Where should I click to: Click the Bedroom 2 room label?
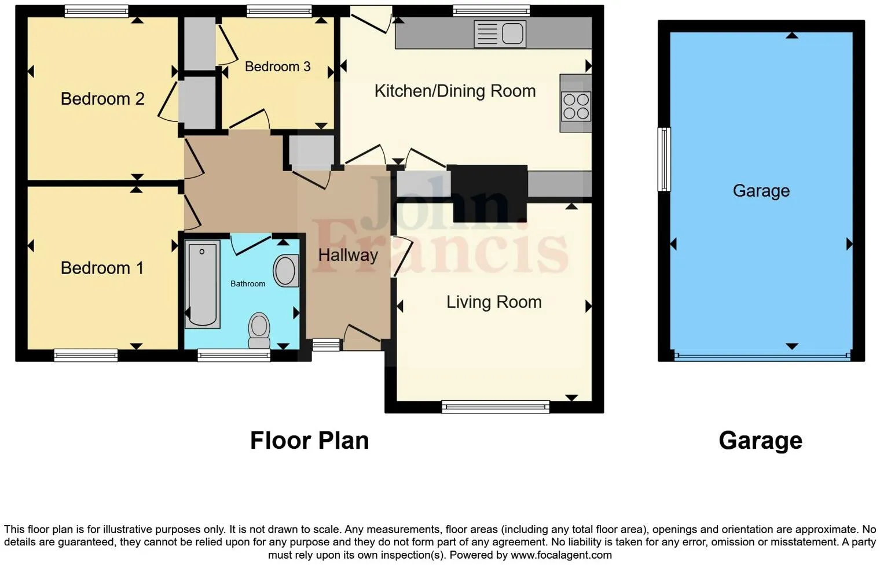(x=102, y=99)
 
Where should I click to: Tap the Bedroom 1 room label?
(x=102, y=268)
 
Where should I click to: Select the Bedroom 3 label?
(x=277, y=67)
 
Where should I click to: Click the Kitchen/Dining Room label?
(x=454, y=91)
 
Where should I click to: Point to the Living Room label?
(x=493, y=302)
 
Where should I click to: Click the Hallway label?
(x=347, y=255)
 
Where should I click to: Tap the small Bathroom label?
(x=248, y=284)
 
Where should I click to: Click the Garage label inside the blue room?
(x=761, y=191)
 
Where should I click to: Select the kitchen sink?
(x=500, y=34)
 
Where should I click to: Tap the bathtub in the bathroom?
(x=202, y=284)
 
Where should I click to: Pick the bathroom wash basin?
(x=285, y=271)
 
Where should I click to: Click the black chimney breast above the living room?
(x=489, y=193)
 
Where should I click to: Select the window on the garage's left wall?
(x=664, y=159)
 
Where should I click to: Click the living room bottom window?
(x=495, y=407)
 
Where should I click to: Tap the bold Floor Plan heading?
(x=309, y=441)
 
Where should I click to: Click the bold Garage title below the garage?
(x=760, y=441)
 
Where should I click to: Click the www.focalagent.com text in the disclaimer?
(x=560, y=555)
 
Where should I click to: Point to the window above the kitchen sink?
(x=491, y=10)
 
